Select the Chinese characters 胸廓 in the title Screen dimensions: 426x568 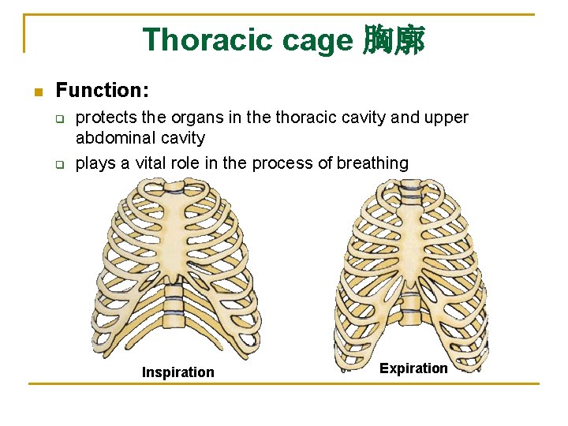click(x=394, y=39)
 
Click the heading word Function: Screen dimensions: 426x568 click(x=103, y=91)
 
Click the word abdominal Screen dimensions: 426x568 click(x=115, y=139)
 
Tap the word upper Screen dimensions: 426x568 click(x=447, y=118)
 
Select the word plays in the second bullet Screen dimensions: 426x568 click(x=93, y=163)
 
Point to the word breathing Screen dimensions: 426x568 click(x=372, y=163)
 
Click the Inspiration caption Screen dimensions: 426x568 click(x=177, y=372)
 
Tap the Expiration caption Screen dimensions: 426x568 click(x=413, y=368)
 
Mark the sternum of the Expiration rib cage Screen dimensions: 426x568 click(x=411, y=237)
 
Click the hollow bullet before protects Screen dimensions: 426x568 click(x=59, y=119)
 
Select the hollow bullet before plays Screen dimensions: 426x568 click(x=59, y=164)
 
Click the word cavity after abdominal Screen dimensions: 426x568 click(x=183, y=139)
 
